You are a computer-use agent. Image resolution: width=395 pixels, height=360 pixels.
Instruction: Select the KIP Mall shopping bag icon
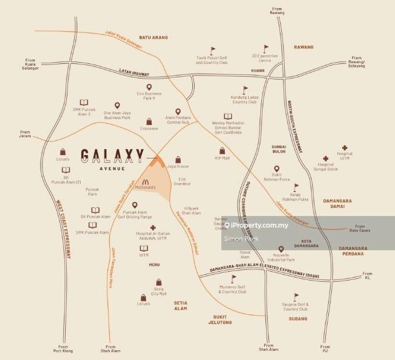tap(222, 150)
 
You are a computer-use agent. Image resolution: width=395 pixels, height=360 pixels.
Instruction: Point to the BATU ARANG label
tap(153, 37)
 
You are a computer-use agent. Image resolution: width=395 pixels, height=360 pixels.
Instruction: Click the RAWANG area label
tap(303, 47)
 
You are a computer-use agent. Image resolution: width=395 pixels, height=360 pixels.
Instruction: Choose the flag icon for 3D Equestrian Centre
tap(266, 49)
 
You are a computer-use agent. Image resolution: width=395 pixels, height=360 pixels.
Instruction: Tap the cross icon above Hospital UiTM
tap(344, 147)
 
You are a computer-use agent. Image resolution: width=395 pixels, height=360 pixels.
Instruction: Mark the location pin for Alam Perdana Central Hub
tap(177, 111)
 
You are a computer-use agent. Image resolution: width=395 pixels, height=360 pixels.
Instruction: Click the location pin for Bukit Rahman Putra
tap(276, 170)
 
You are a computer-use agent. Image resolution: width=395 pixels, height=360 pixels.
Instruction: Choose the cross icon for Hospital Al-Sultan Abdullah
tap(153, 228)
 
